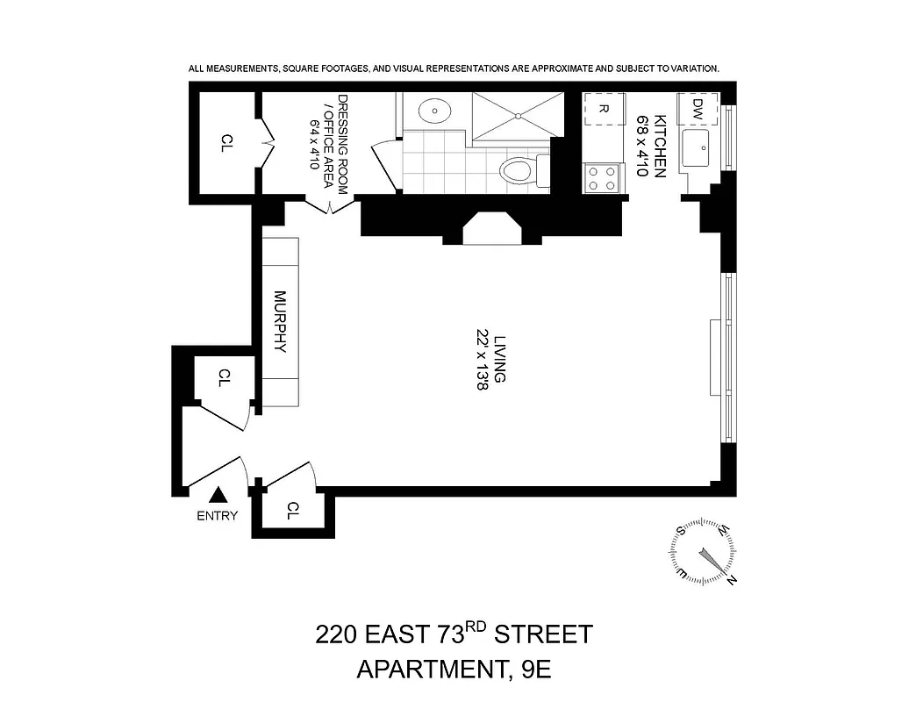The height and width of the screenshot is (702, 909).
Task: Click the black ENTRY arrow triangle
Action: [217, 497]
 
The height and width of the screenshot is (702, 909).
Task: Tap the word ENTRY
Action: [217, 516]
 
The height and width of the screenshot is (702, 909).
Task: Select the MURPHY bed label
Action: [280, 321]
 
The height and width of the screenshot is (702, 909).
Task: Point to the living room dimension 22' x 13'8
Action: [481, 359]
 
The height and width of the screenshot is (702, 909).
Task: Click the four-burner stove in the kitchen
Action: [601, 178]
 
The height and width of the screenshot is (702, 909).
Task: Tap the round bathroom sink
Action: [434, 111]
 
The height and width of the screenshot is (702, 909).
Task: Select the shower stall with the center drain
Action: [515, 114]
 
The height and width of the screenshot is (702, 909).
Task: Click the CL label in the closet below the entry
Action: [294, 510]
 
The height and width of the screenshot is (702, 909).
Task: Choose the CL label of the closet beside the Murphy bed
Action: [225, 377]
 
